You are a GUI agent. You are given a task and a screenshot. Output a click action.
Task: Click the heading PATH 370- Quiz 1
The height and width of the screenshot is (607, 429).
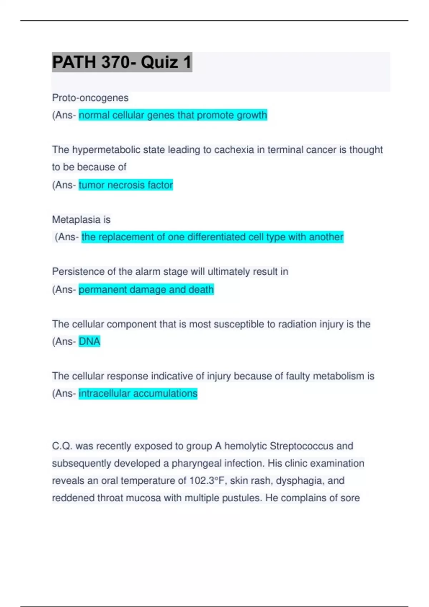coord(122,62)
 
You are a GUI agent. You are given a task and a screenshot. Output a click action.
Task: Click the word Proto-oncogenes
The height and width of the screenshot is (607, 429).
coord(90,98)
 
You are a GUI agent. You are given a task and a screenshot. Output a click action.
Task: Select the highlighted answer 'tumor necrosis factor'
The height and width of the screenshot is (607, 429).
coord(125,185)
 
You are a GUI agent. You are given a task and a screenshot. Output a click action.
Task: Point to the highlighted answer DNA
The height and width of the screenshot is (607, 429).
coord(89,341)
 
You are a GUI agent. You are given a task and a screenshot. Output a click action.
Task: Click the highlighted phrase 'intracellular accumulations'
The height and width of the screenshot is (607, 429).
coord(138,393)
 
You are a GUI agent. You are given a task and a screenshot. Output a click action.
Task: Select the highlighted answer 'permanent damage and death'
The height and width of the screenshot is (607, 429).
coord(146,289)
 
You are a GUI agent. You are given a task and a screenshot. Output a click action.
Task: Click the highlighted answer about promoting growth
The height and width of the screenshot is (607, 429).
coord(173,115)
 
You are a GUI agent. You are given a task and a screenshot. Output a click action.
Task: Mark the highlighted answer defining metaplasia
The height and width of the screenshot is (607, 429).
coord(212,237)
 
